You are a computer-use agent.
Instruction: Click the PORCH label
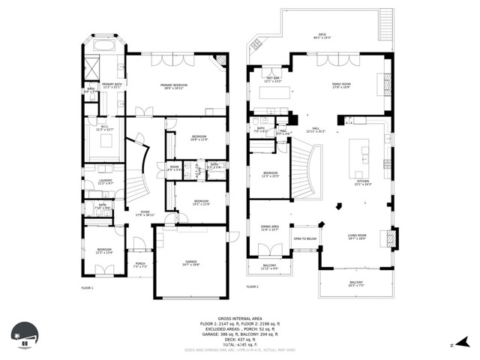139,264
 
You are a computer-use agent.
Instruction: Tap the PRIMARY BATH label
112,85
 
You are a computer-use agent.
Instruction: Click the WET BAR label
273,79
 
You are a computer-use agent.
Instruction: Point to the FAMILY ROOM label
342,85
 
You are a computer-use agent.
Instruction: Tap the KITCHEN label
363,182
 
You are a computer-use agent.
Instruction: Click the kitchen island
364,154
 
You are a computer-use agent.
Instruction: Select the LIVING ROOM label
356,237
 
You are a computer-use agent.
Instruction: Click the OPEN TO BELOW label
304,239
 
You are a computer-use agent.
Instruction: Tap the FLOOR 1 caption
87,287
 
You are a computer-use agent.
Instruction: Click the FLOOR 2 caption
252,287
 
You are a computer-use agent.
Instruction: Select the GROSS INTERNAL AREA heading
239,318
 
